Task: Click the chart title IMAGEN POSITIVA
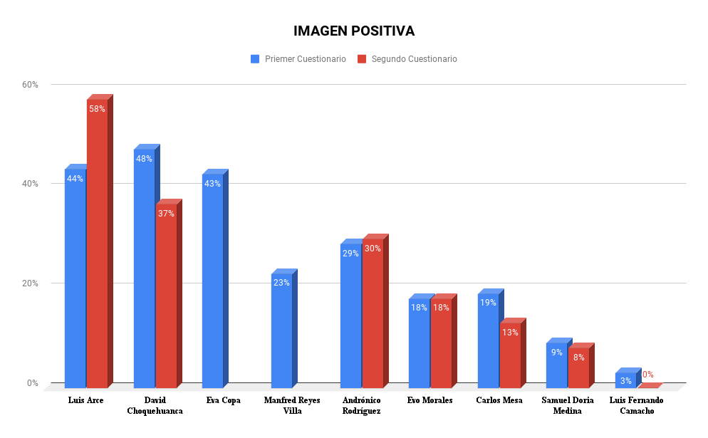354,31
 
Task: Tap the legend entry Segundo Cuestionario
414,59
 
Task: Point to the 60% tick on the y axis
30,85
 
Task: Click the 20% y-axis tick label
30,283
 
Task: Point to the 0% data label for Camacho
647,375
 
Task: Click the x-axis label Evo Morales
430,400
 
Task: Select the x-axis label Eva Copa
223,400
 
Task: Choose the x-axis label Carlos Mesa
499,400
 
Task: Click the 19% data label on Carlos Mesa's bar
488,303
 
